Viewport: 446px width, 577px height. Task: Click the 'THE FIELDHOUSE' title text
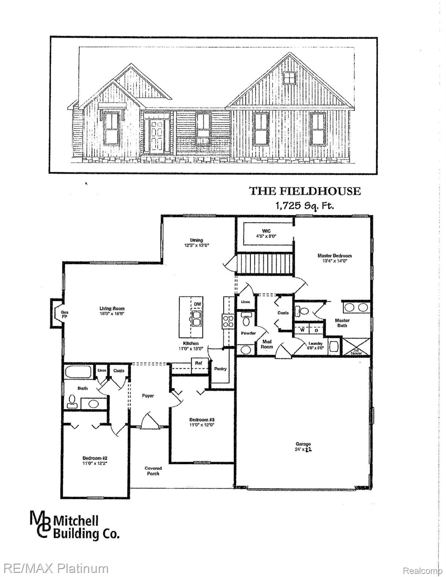[x=305, y=191]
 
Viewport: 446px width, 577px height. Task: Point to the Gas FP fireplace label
[x=65, y=314]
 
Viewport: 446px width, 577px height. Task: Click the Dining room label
[x=196, y=242]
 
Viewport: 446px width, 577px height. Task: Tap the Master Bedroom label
[x=334, y=258]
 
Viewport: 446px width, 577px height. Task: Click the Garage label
[x=303, y=446]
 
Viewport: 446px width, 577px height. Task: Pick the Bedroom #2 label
[x=95, y=461]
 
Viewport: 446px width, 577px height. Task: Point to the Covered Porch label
[x=153, y=471]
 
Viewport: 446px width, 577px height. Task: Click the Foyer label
[x=148, y=396]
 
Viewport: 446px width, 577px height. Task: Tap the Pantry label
[x=220, y=369]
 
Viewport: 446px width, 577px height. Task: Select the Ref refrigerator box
[x=199, y=364]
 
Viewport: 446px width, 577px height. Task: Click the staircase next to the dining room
[x=265, y=264]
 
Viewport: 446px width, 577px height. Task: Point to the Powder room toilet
[x=246, y=320]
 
